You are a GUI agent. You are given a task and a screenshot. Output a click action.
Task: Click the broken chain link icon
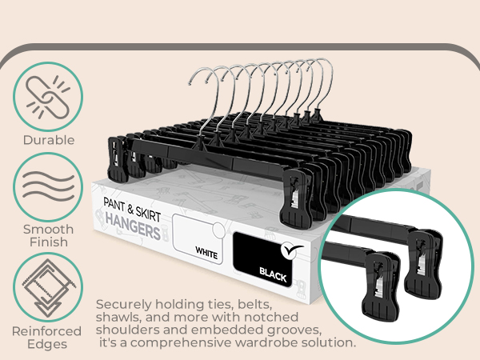[48, 98]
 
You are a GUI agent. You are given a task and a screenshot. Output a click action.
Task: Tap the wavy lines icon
[48, 186]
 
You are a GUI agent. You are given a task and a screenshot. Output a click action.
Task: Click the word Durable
[49, 140]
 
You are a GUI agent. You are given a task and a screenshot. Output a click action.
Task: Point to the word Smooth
[48, 229]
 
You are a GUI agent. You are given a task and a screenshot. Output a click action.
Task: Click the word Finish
[48, 242]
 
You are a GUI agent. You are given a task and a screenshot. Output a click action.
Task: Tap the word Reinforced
[47, 331]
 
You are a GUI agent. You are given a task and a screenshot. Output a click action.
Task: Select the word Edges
[47, 344]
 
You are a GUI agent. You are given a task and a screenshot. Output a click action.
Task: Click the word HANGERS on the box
[133, 227]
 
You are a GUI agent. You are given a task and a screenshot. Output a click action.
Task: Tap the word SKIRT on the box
[148, 214]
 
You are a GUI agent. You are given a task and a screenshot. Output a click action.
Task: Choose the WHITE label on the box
[206, 253]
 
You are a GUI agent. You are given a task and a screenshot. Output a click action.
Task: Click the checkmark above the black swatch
[291, 250]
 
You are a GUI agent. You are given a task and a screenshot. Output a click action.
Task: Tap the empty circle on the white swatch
[218, 230]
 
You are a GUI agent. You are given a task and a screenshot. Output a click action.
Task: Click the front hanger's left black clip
[118, 159]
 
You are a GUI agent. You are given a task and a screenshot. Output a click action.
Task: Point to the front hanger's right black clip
[296, 198]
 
